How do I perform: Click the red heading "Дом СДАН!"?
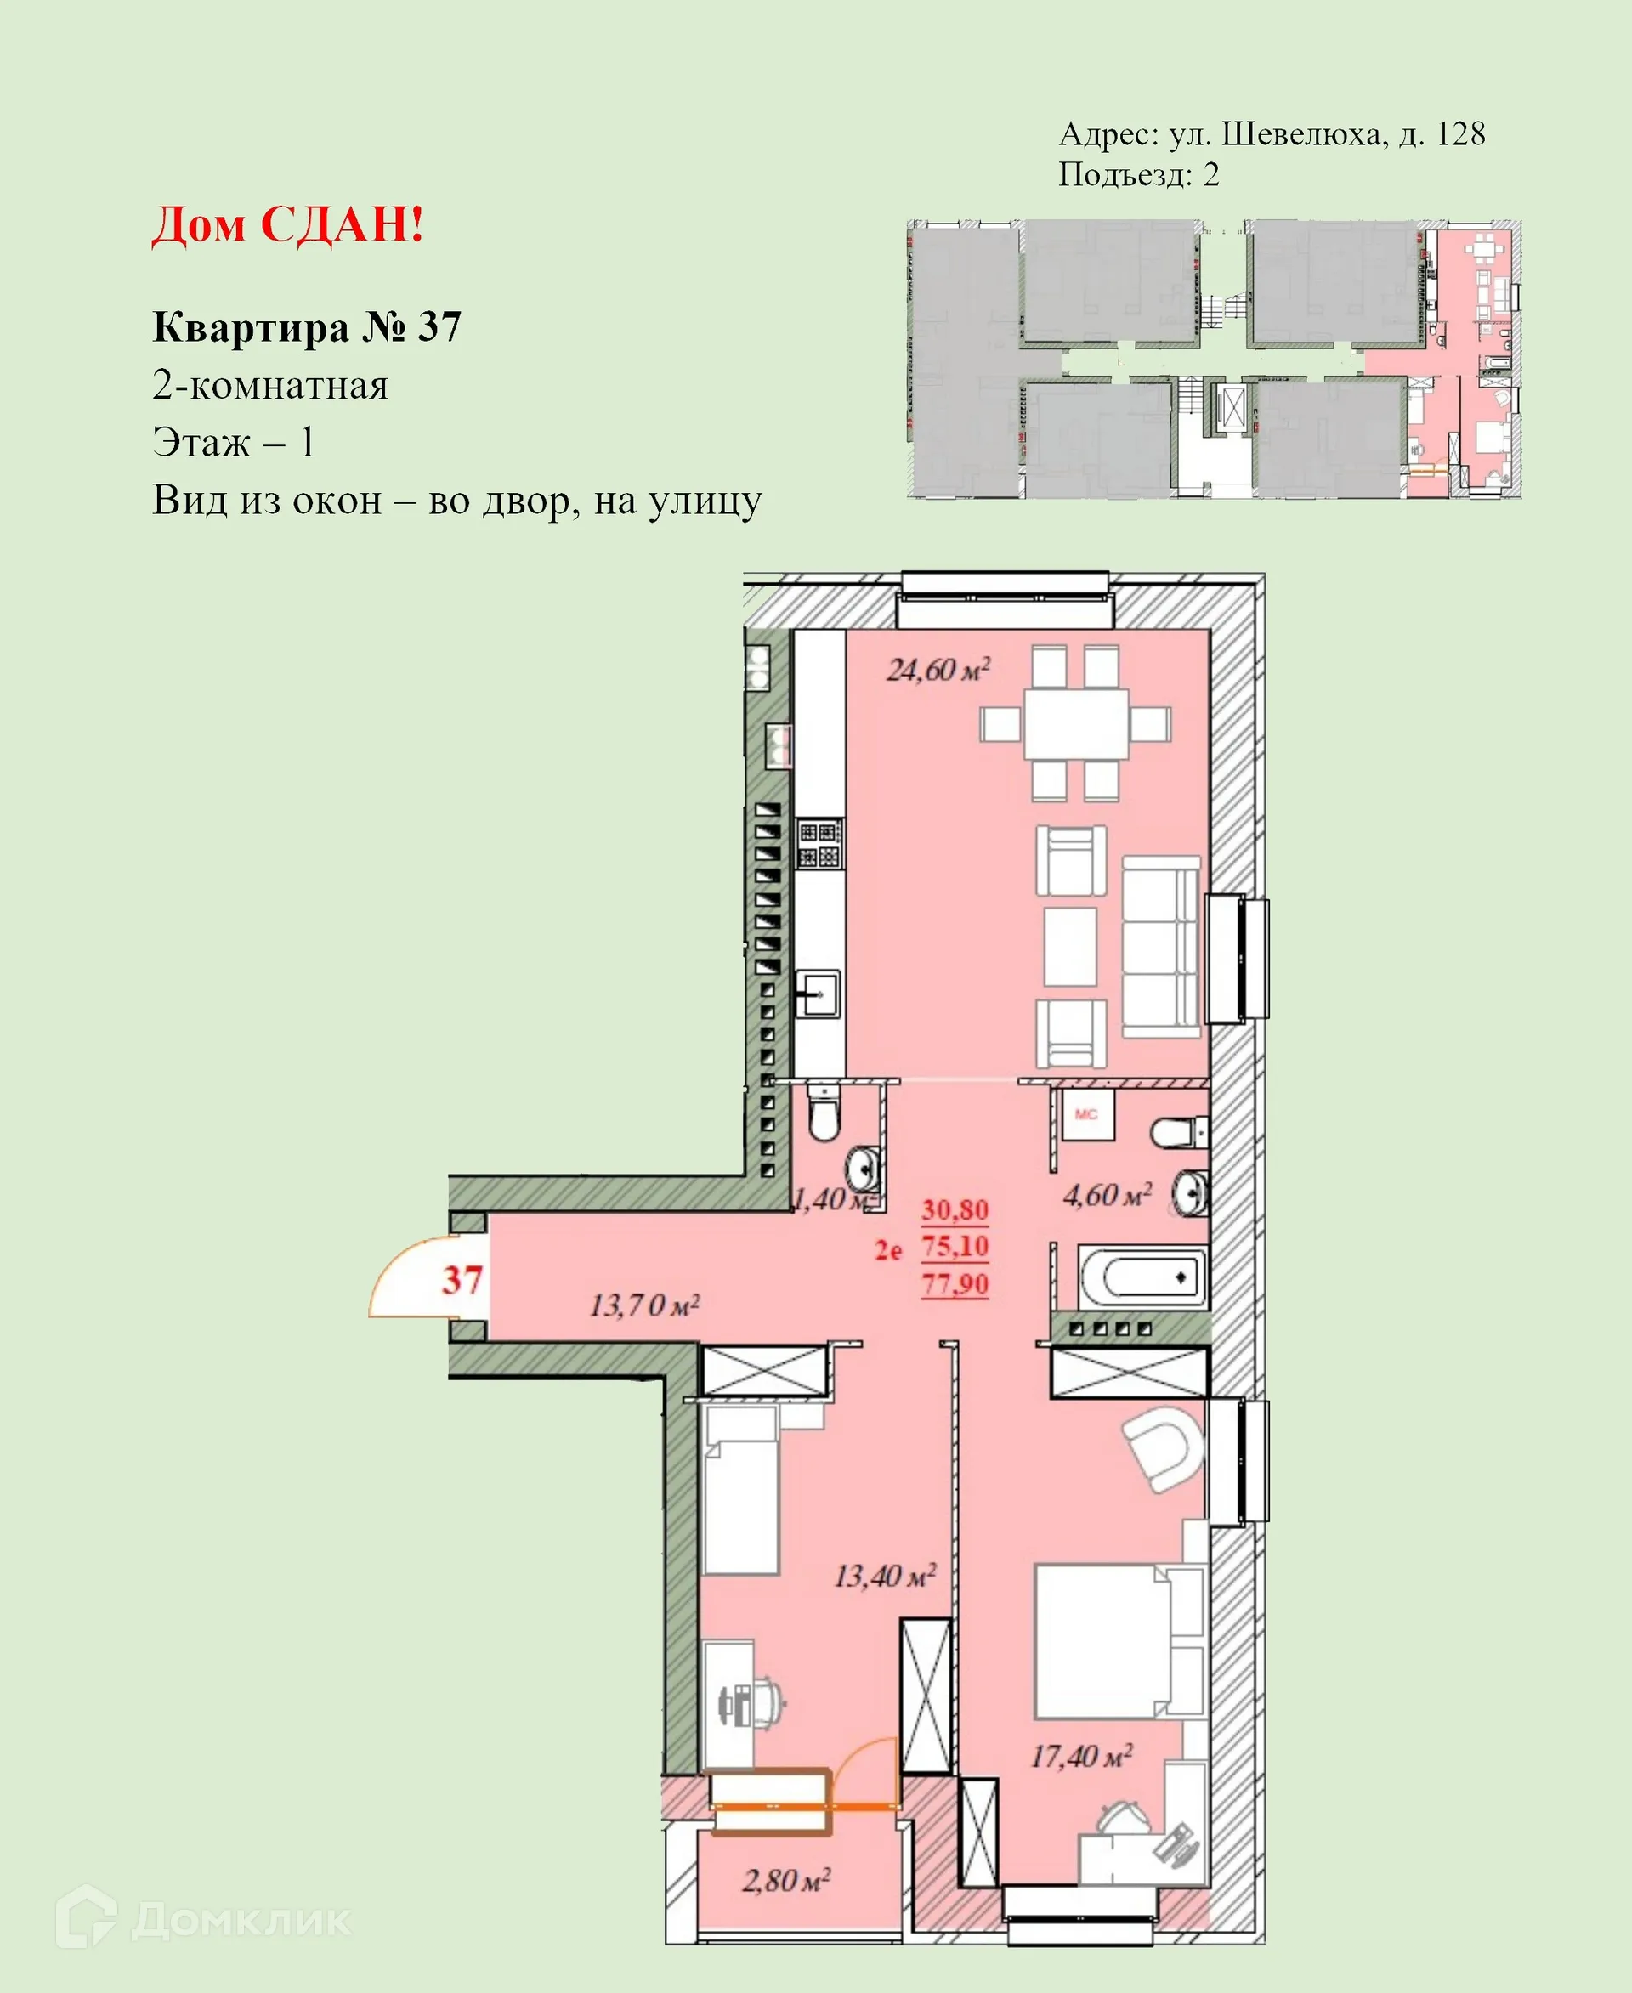pos(287,224)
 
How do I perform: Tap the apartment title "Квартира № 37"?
pos(307,327)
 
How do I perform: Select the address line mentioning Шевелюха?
pos(1272,134)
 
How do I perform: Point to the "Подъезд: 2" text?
pos(1138,175)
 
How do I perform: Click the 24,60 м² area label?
pos(938,671)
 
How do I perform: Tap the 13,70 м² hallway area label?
pos(644,1305)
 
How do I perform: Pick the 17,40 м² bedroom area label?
pos(1081,1756)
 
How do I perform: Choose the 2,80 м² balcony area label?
pos(786,1880)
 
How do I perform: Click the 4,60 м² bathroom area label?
pos(1107,1196)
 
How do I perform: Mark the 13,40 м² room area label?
pos(885,1576)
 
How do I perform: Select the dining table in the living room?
pos(1075,724)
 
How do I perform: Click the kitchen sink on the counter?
pos(818,994)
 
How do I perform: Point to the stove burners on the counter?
pos(819,843)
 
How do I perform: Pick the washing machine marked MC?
pos(1087,1114)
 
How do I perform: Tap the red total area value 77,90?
pos(955,1284)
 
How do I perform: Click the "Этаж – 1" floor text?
pos(233,443)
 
